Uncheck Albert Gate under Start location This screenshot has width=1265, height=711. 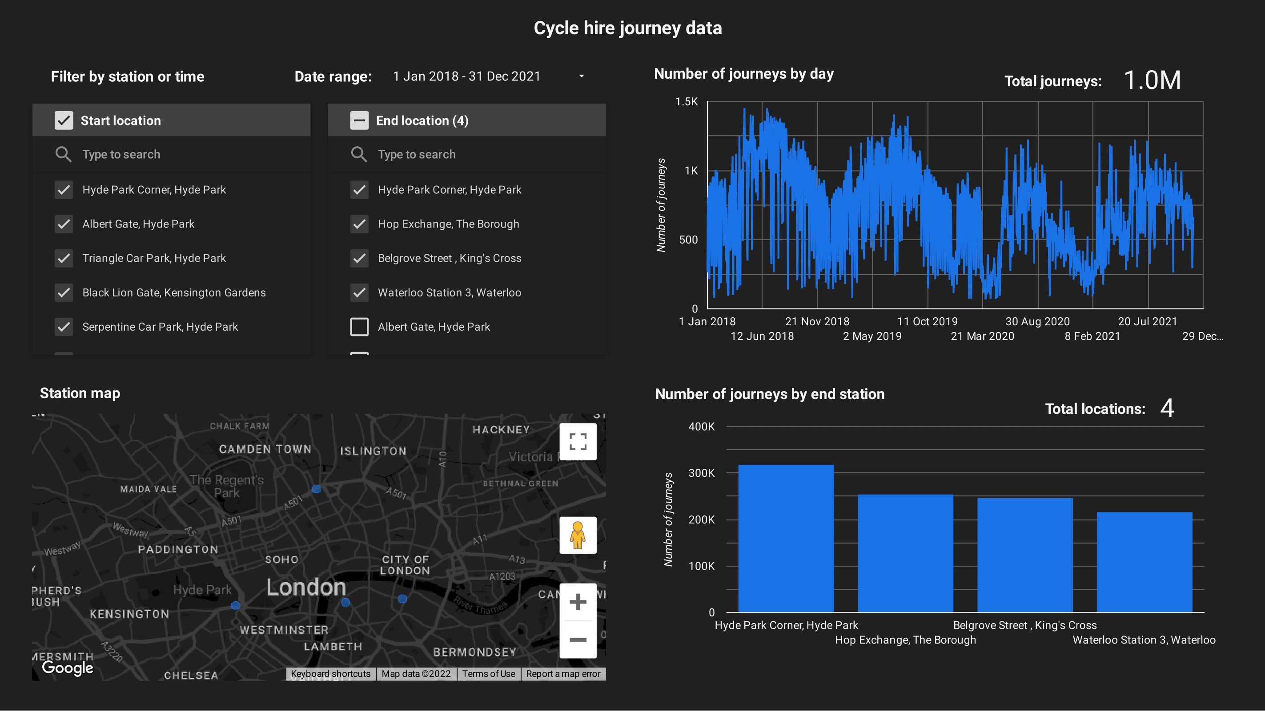pos(64,224)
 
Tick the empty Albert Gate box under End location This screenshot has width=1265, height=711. pos(359,327)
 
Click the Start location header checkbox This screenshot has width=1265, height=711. pos(64,121)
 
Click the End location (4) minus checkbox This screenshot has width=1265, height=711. pos(359,121)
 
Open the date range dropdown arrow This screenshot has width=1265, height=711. pos(582,76)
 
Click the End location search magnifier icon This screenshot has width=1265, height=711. pos(358,155)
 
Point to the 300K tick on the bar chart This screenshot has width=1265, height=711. pos(701,473)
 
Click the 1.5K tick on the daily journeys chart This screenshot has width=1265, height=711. pos(686,102)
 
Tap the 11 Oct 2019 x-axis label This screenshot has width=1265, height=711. pos(927,322)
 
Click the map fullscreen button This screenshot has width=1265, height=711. pos(578,442)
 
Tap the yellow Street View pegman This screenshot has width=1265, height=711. pos(578,535)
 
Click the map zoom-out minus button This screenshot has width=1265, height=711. pos(578,640)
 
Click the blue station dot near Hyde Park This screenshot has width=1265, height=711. pos(236,606)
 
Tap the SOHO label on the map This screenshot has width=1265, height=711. pos(282,560)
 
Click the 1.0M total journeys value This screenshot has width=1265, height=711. pos(1152,80)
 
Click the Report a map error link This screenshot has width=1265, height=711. pos(563,674)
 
